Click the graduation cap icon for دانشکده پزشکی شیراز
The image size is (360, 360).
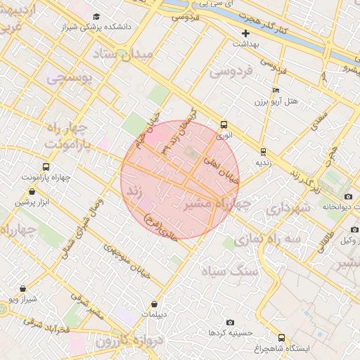tap(96, 16)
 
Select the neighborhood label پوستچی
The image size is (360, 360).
tap(70, 79)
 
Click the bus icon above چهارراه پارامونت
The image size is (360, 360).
tap(46, 167)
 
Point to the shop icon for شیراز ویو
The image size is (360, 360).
tap(23, 288)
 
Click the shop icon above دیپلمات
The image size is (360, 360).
tap(155, 304)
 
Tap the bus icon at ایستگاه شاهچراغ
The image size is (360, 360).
tap(282, 337)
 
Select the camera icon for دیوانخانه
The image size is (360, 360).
tap(348, 197)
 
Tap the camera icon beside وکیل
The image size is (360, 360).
tap(353, 230)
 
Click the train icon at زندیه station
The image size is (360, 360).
tap(263, 151)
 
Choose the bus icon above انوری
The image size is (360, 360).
tap(224, 124)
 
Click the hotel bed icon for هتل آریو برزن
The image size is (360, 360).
tap(276, 91)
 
